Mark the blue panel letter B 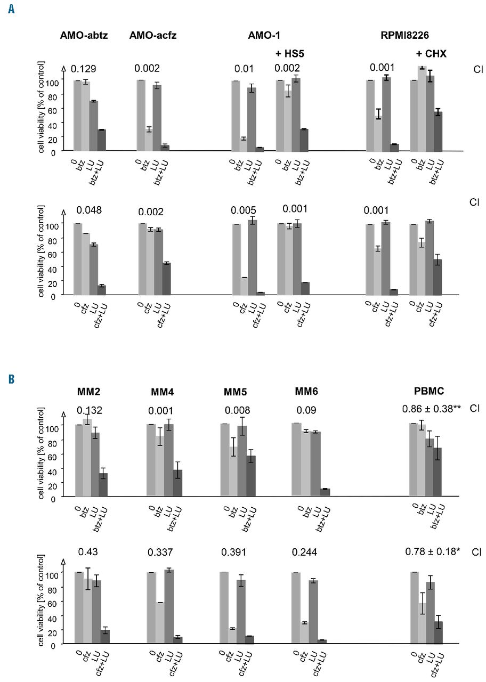click(11, 379)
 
